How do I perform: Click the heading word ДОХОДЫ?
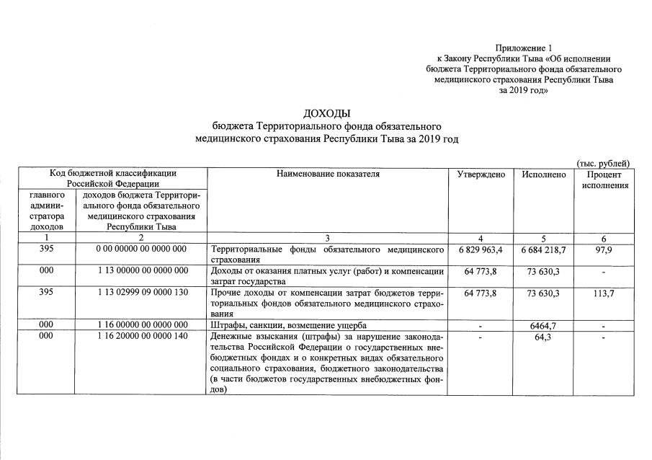click(327, 113)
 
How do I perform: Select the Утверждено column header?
click(481, 174)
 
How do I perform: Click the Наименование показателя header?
click(327, 174)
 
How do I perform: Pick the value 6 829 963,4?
click(480, 249)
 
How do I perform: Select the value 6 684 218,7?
click(544, 249)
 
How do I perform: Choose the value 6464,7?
click(544, 326)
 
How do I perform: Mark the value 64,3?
click(544, 337)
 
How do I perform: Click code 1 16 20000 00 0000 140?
click(141, 337)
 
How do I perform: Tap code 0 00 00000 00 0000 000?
click(141, 249)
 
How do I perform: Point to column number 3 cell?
click(327, 238)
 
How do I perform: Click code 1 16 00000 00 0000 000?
click(141, 326)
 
